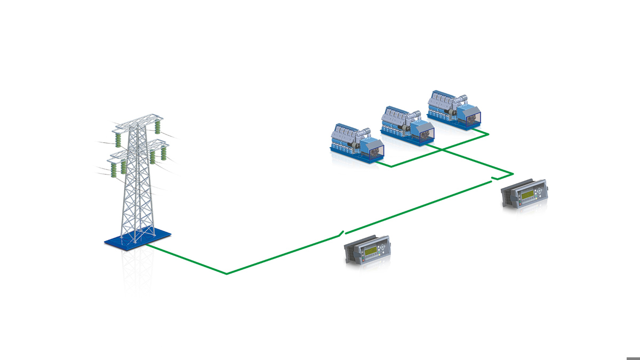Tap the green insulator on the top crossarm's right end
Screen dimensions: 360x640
tap(157, 127)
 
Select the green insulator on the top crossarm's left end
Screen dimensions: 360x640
tap(117, 139)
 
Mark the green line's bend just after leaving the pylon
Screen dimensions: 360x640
tap(227, 274)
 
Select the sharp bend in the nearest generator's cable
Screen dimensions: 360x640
tap(391, 166)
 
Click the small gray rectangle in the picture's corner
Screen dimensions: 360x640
tap(633, 357)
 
